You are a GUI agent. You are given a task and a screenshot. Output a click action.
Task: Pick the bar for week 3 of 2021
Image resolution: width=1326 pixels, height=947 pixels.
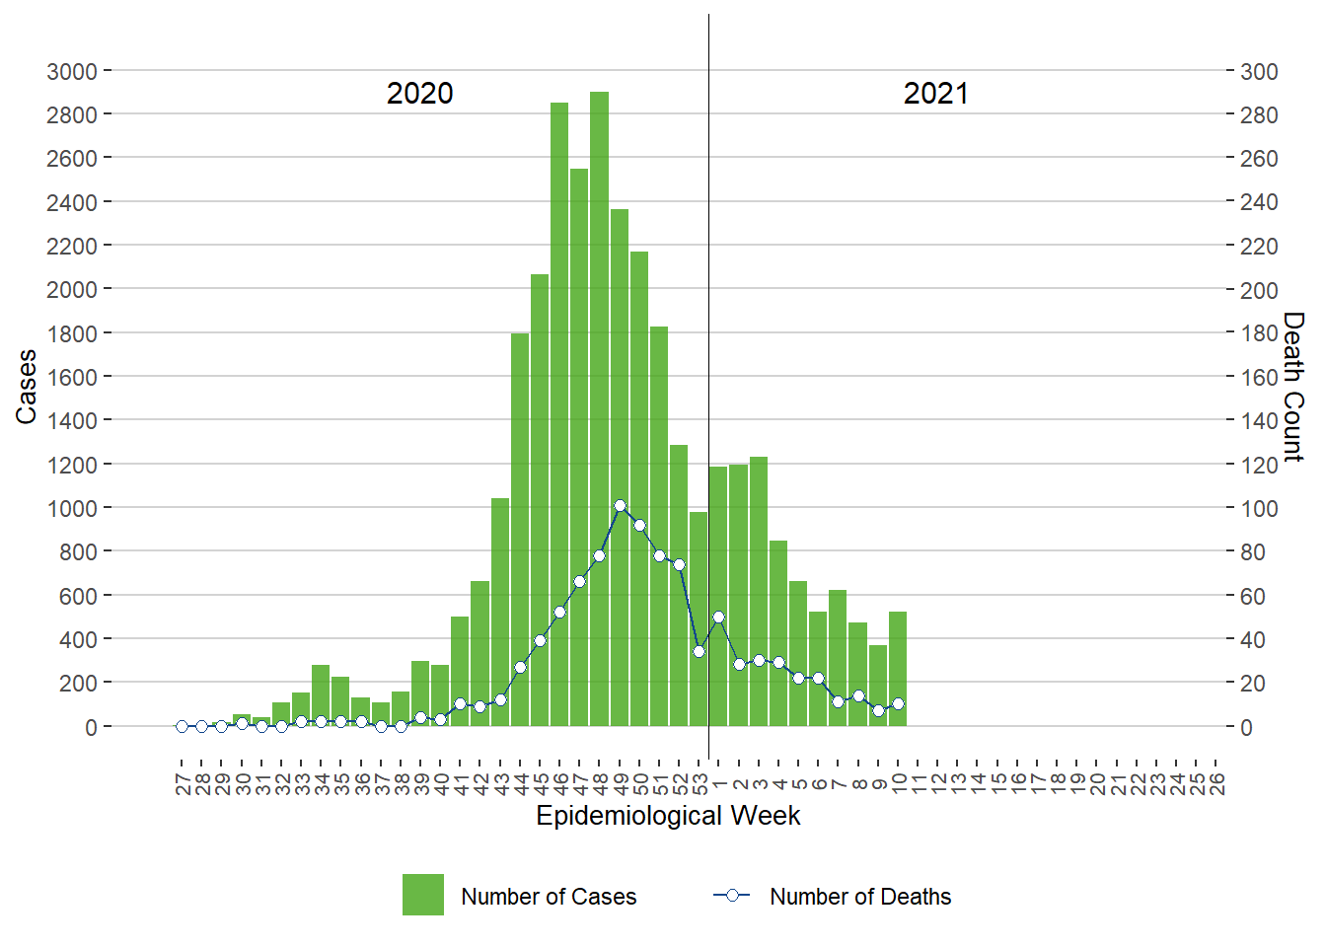(x=759, y=592)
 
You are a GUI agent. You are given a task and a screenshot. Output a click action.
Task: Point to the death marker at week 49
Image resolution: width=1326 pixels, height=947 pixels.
(x=620, y=505)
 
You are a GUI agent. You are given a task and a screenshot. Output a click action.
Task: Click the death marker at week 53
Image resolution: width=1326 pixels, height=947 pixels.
(x=699, y=651)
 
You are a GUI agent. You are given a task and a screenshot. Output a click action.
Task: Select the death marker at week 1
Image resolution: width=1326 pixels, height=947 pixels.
(x=718, y=617)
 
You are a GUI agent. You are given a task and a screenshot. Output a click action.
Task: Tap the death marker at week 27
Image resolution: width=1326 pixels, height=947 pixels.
(x=182, y=726)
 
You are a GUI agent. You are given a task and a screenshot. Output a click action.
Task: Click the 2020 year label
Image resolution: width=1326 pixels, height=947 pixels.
(x=419, y=94)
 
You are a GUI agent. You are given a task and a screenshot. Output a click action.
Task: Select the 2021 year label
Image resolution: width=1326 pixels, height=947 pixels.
(x=935, y=94)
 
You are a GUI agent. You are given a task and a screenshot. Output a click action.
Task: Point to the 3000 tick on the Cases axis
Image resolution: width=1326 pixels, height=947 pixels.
(x=72, y=71)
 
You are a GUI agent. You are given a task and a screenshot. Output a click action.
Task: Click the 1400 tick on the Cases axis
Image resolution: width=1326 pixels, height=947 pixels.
(x=72, y=420)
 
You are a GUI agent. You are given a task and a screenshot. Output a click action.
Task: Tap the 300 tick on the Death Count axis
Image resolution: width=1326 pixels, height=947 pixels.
(x=1259, y=71)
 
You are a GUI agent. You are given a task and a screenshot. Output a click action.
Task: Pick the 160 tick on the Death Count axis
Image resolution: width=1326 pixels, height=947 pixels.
(x=1259, y=377)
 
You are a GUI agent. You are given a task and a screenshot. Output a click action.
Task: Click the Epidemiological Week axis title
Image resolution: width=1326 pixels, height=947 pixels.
(x=668, y=816)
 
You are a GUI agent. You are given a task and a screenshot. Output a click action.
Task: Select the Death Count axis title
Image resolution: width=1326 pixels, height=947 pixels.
(x=1293, y=387)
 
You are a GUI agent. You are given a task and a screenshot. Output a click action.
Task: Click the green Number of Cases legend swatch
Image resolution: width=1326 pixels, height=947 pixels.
(x=422, y=895)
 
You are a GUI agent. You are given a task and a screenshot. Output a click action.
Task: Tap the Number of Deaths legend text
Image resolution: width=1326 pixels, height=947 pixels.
(x=860, y=897)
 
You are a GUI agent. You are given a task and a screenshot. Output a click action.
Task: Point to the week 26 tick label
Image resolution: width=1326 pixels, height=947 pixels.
(x=1216, y=783)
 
